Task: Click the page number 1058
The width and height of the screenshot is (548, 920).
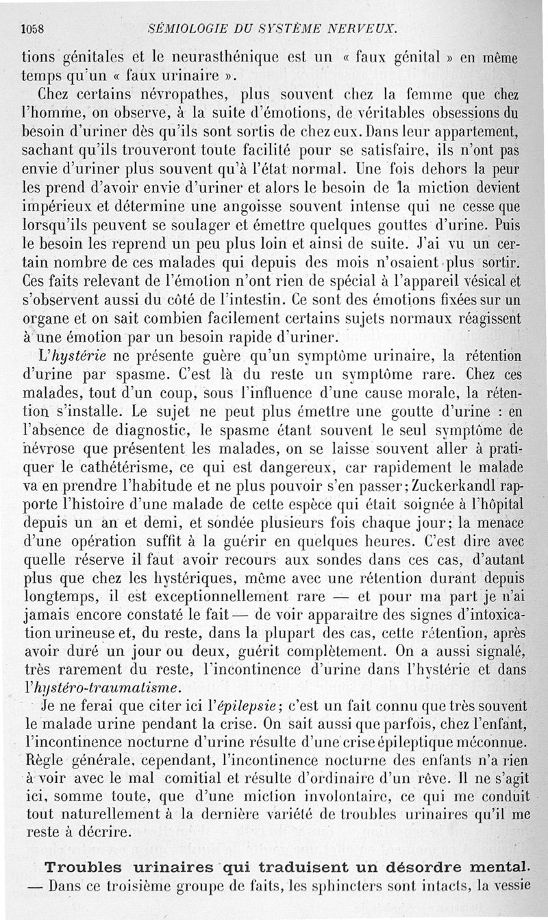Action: click(x=32, y=29)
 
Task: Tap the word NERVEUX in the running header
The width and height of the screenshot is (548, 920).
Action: click(x=364, y=29)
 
